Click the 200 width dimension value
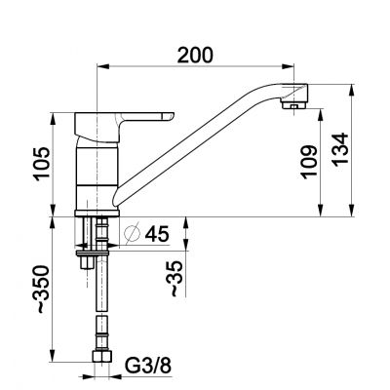point(197,56)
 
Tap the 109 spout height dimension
point(309,160)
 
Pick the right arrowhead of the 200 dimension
point(293,68)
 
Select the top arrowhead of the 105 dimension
point(52,115)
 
